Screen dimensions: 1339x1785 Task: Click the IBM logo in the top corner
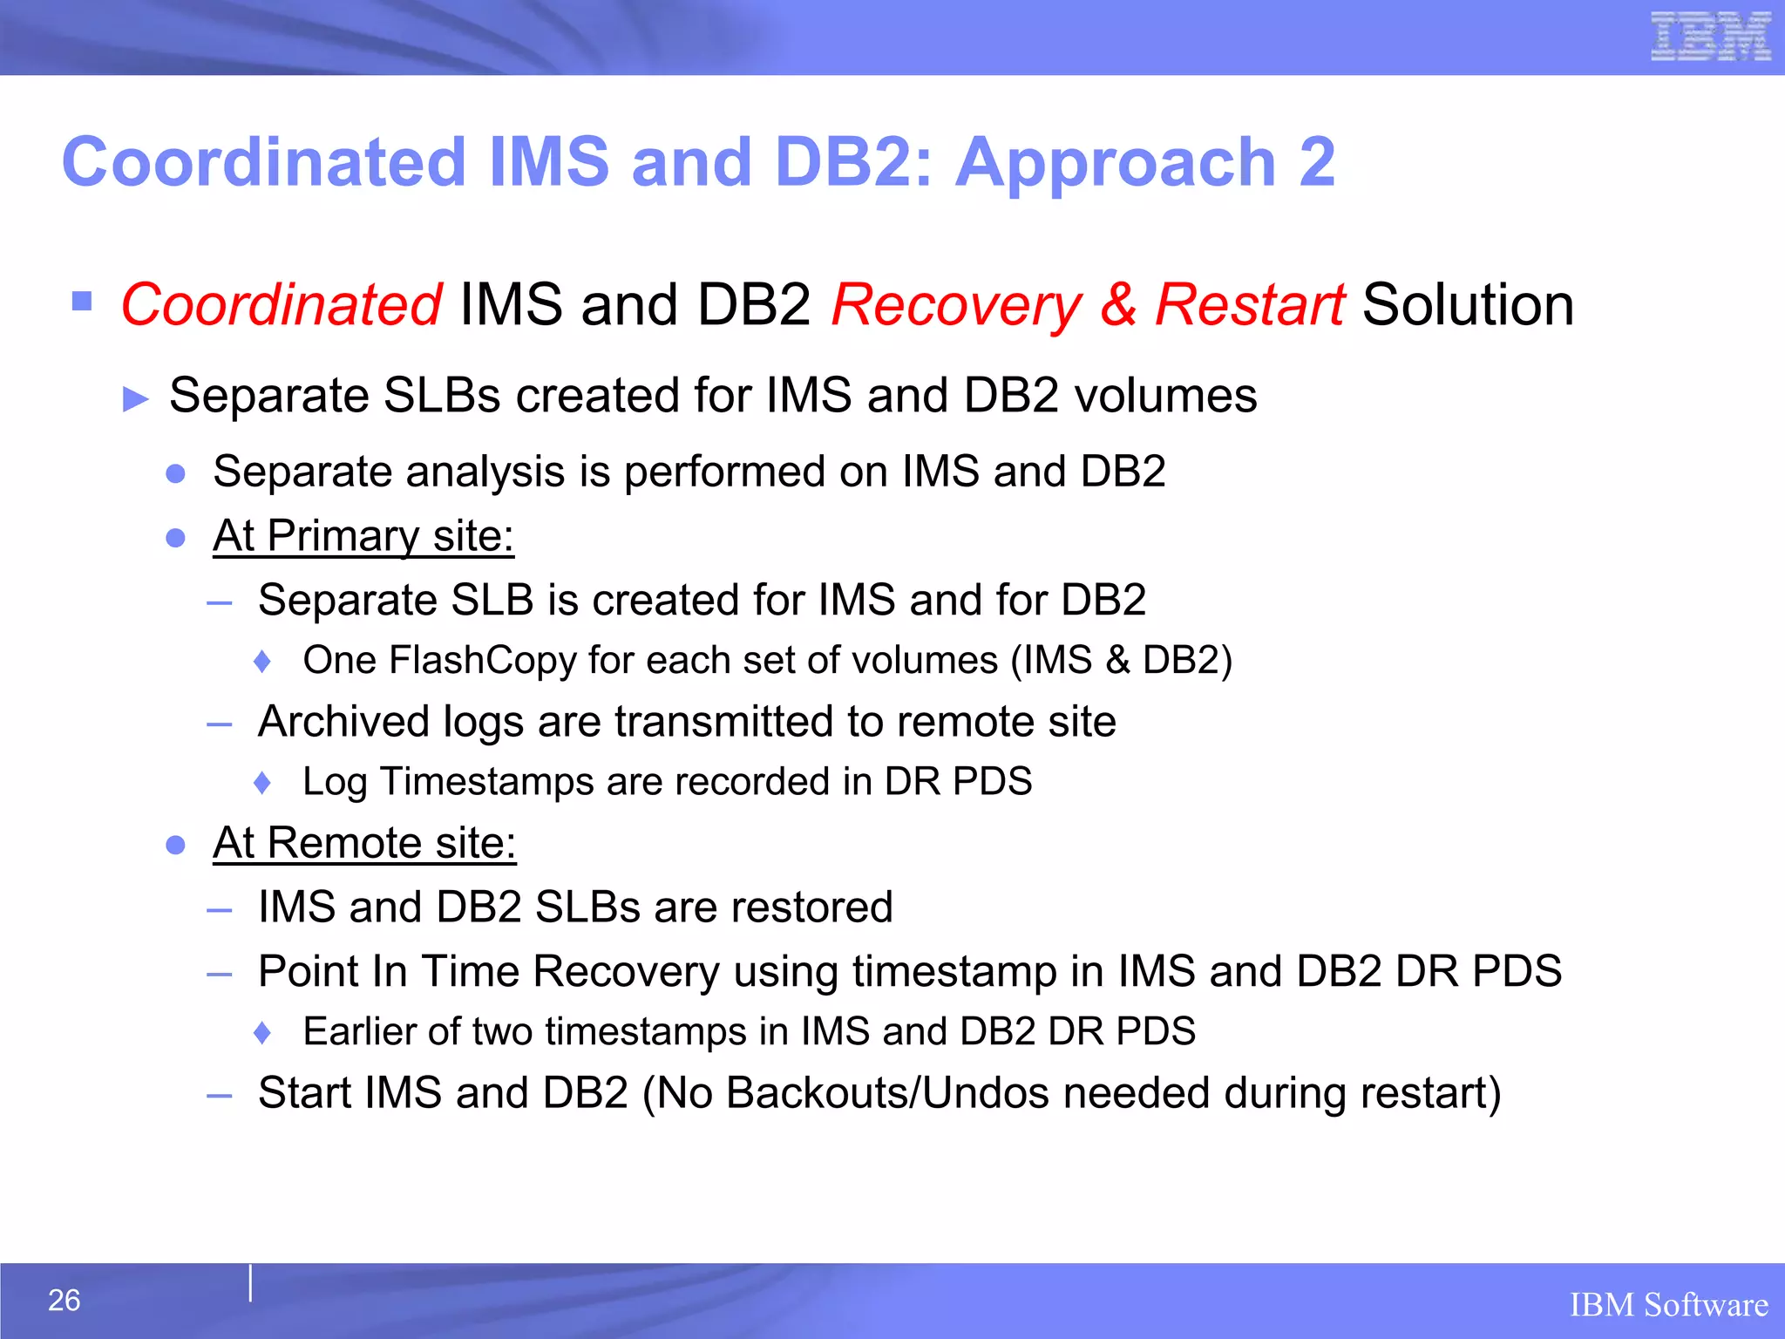point(1711,37)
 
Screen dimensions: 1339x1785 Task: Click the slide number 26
point(64,1300)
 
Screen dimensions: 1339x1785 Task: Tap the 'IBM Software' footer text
point(1668,1305)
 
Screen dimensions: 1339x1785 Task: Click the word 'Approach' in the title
point(1116,163)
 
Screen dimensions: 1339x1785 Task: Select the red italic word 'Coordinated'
point(281,305)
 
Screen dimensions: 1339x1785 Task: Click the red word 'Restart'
point(1248,305)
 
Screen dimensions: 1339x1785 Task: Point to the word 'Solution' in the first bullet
point(1468,305)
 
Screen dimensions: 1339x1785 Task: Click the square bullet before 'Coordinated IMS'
point(82,302)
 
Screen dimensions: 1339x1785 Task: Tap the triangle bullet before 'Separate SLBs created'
point(136,399)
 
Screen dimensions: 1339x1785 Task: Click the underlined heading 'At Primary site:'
point(363,535)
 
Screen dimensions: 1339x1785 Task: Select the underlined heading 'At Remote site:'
point(364,843)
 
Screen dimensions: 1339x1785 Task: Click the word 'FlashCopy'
point(483,661)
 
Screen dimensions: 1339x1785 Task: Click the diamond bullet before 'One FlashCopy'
point(261,662)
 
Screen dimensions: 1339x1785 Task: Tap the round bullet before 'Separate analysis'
point(176,473)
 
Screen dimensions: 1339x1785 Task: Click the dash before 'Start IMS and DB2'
point(220,1096)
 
